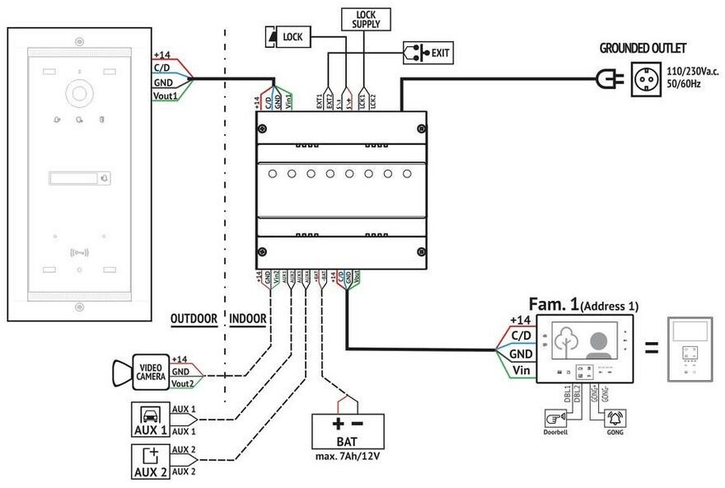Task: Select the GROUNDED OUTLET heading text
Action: (643, 48)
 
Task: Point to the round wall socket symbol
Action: (647, 77)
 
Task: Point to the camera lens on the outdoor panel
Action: (79, 92)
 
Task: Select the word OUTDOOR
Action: (193, 318)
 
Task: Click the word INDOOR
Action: (248, 318)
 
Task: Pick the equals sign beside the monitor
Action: (652, 349)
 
